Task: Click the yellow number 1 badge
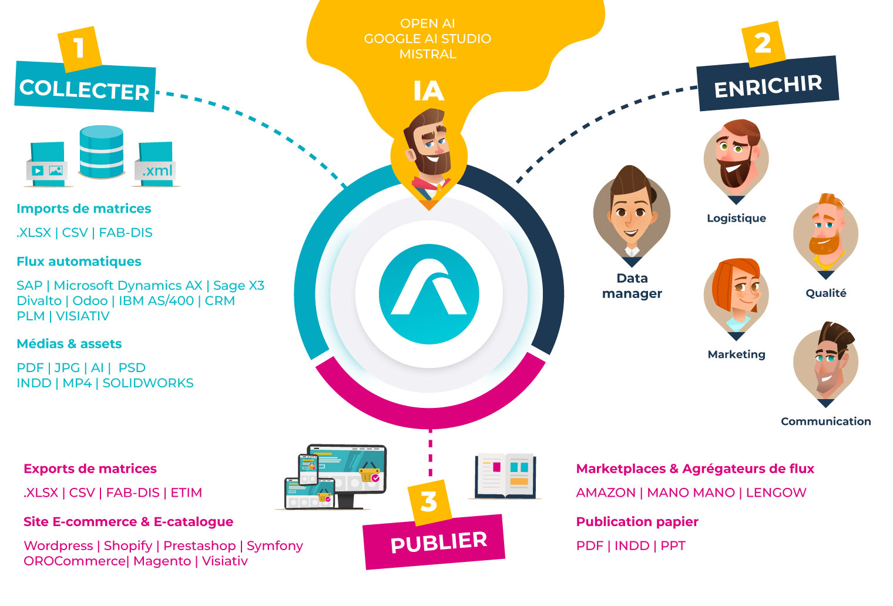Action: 79,48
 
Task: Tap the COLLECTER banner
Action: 85,88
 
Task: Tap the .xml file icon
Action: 156,165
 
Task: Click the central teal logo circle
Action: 429,294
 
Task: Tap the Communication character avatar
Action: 825,361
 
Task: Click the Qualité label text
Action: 825,293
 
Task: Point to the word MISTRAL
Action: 428,54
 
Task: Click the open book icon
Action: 505,476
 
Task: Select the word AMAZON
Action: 606,493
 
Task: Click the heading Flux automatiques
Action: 79,262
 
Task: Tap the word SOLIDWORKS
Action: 148,383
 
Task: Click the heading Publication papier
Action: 637,522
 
